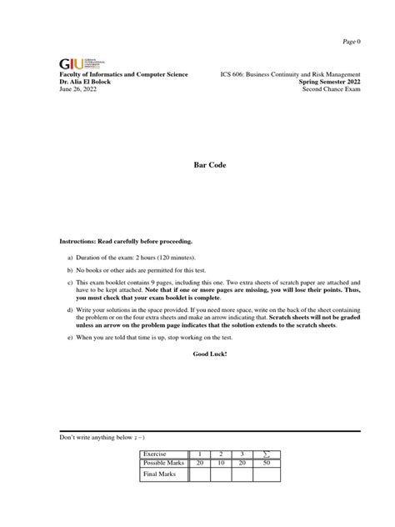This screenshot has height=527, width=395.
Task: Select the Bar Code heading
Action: click(197, 165)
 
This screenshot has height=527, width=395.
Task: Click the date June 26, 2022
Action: click(77, 91)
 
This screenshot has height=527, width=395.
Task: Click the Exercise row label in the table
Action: click(157, 454)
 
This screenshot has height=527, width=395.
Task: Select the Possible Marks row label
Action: click(164, 463)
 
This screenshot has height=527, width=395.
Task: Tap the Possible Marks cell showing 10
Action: click(222, 463)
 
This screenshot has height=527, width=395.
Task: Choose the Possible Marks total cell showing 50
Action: click(267, 463)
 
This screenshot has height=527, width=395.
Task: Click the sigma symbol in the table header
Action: click(267, 454)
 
